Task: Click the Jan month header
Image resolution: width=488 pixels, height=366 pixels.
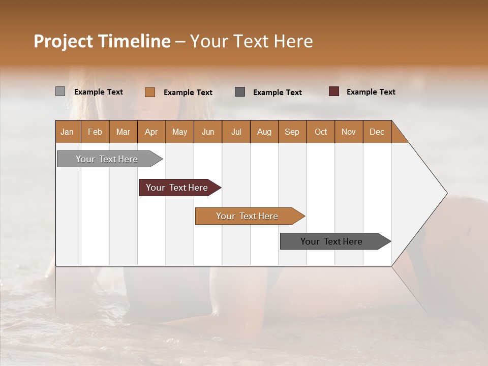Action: click(67, 132)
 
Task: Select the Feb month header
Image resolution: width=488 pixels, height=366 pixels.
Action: click(95, 132)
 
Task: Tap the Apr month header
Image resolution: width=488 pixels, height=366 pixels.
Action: click(151, 132)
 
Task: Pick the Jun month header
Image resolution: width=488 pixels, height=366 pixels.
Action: click(208, 132)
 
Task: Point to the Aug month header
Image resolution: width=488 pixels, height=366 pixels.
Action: click(264, 132)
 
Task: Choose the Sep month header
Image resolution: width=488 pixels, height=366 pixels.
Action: click(292, 132)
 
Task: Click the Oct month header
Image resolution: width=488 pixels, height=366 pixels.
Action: click(321, 132)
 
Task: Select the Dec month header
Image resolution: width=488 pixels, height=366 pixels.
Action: click(377, 132)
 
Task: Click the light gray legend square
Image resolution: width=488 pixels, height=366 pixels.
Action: click(60, 91)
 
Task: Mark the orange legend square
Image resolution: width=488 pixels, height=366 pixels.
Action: click(149, 92)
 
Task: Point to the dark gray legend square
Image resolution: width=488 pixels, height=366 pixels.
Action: click(240, 92)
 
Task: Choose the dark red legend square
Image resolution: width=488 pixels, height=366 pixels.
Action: click(334, 91)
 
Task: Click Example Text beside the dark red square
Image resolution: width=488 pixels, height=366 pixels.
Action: click(371, 92)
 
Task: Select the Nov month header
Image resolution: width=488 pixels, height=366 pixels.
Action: click(348, 132)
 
